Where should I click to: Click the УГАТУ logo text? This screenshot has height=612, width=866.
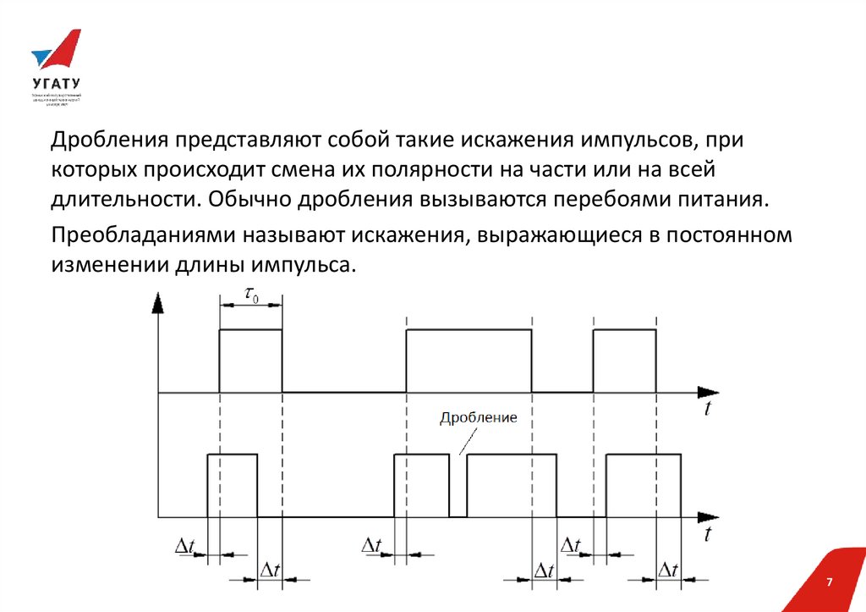[56, 84]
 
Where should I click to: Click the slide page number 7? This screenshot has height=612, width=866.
[830, 583]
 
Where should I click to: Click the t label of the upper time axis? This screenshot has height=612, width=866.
[706, 410]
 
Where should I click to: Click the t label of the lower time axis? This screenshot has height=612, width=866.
[706, 534]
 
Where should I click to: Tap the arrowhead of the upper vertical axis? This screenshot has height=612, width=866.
[158, 303]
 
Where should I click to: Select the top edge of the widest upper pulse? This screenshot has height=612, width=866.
[469, 330]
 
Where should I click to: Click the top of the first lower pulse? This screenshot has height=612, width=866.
[233, 455]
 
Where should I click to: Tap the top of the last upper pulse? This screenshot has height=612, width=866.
[624, 330]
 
